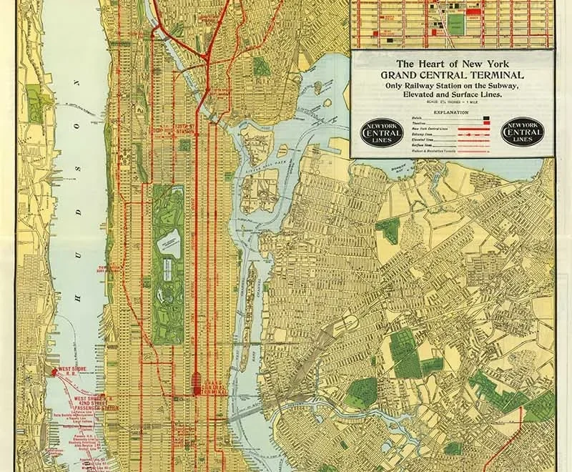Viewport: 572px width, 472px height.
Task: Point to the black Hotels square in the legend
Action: tap(487, 117)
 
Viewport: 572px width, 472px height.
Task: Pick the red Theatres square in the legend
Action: tap(487, 122)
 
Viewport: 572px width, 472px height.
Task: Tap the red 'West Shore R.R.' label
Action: tap(67, 373)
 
